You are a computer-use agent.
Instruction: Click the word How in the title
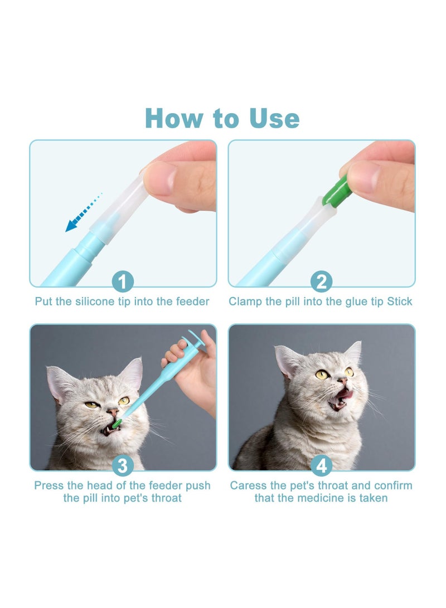pyautogui.click(x=173, y=118)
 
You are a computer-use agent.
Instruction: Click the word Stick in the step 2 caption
pyautogui.click(x=400, y=301)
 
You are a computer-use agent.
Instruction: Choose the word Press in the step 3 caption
pyautogui.click(x=49, y=485)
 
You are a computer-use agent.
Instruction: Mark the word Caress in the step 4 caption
pyautogui.click(x=249, y=485)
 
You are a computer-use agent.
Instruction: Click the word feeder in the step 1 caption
pyautogui.click(x=192, y=301)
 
